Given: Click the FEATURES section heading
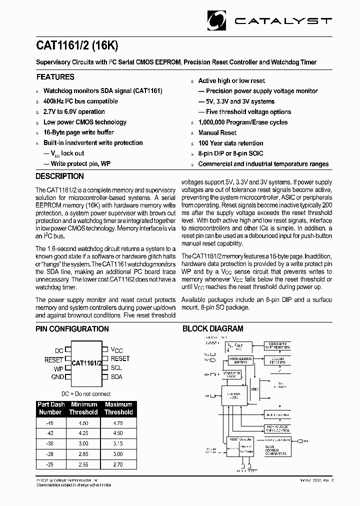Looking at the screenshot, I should tap(55, 77).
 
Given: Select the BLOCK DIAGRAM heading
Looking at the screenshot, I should tap(212, 329).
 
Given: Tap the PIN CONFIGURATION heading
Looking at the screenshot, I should tap(72, 329).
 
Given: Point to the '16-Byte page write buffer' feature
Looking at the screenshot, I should tap(78, 132).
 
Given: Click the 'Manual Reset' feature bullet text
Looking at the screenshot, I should tap(217, 133).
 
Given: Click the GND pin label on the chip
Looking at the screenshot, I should tap(57, 377).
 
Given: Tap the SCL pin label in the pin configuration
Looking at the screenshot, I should tap(116, 367).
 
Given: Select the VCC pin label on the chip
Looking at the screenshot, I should tap(116, 350).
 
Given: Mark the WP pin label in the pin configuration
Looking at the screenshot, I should tap(58, 368).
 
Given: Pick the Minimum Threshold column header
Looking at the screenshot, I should tap(84, 408).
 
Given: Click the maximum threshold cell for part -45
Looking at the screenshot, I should tap(118, 422).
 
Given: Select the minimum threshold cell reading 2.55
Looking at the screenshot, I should tap(83, 464).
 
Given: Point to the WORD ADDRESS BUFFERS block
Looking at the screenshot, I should tap(241, 360).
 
